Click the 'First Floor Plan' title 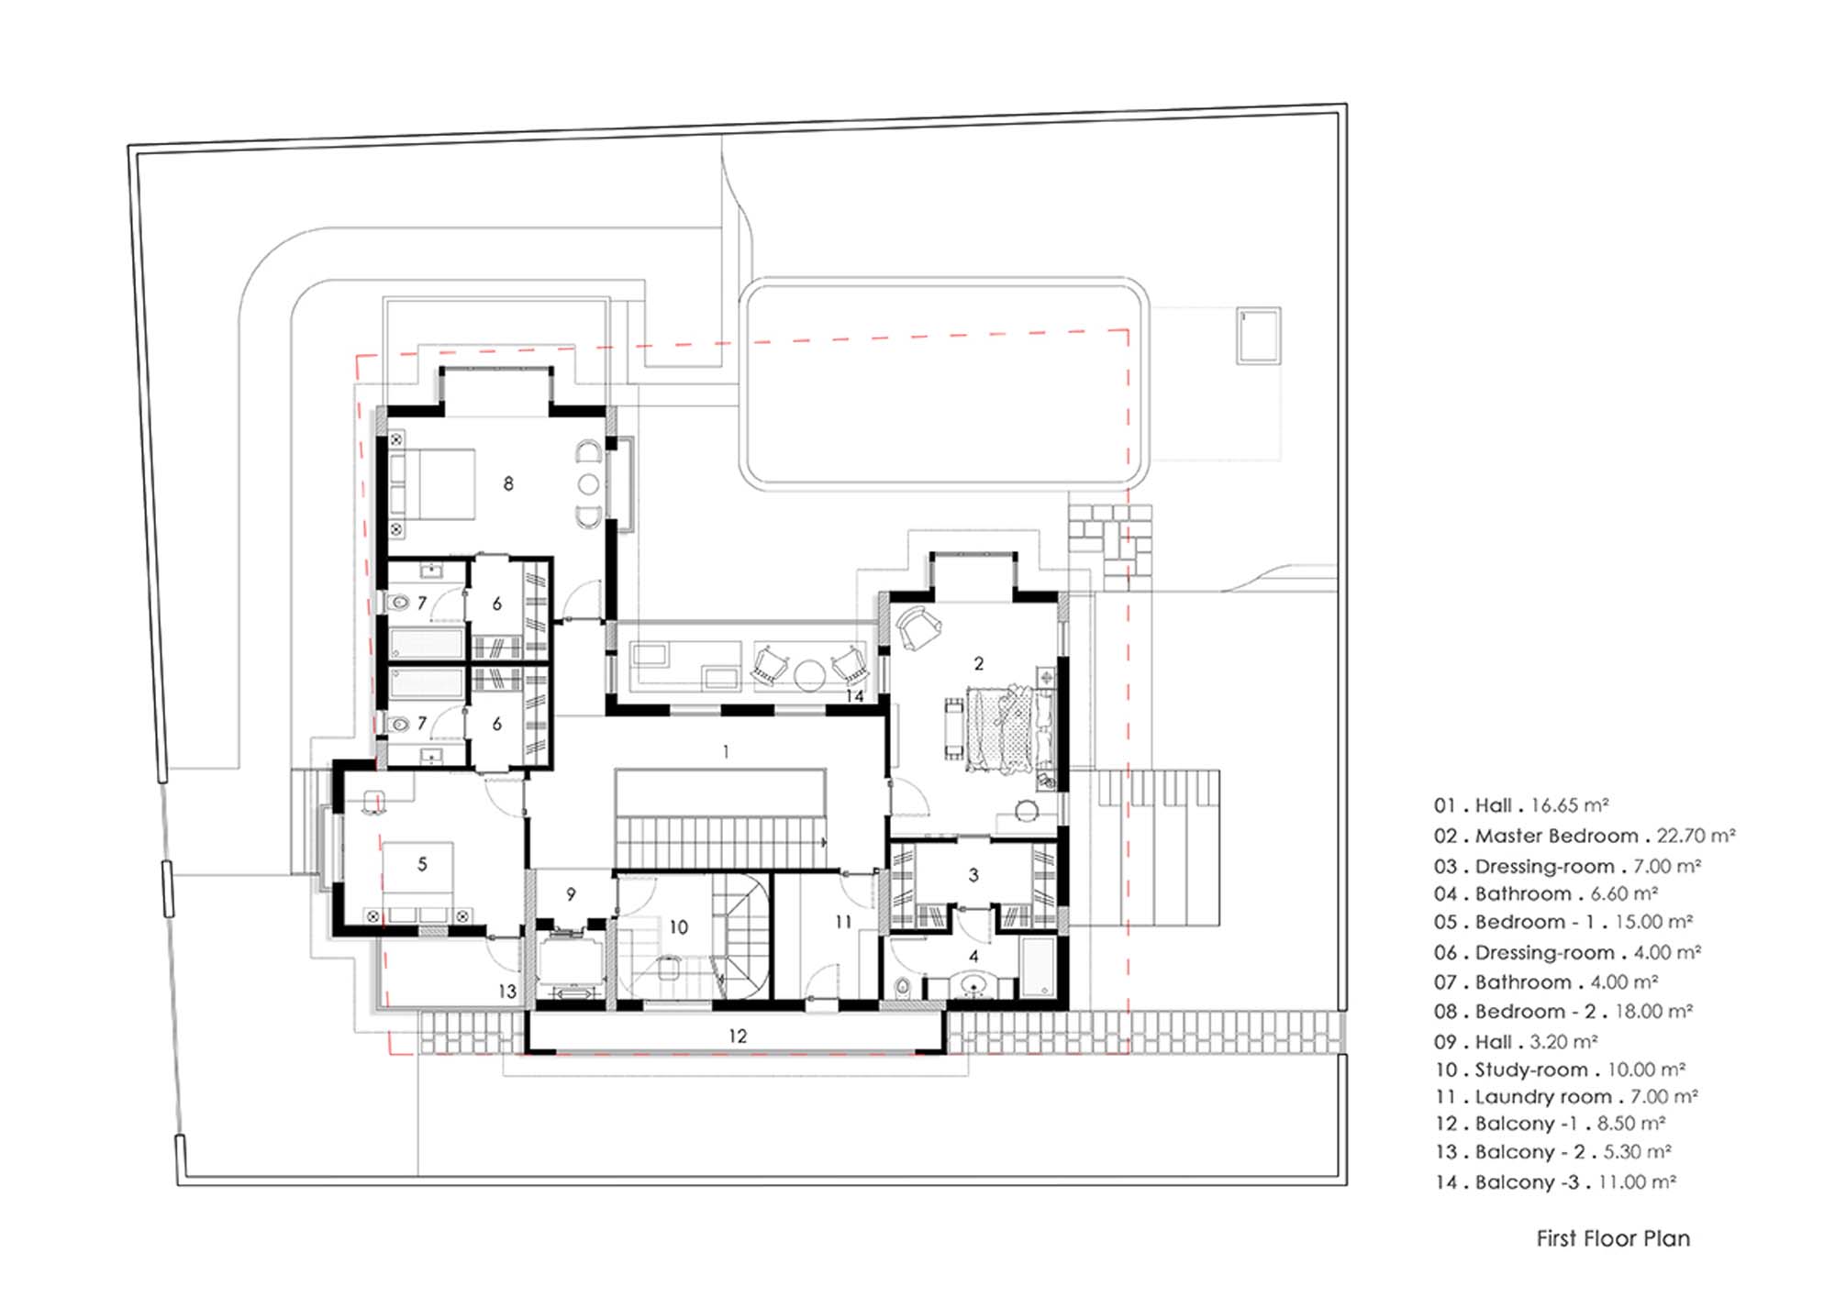[x=1613, y=1238]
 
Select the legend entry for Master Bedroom [x=1585, y=836]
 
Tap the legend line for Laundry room [x=1566, y=1096]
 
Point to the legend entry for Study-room [x=1560, y=1070]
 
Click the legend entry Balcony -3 [x=1555, y=1182]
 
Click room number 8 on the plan [x=508, y=483]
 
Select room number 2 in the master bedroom [x=979, y=663]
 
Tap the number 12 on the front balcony [x=738, y=1036]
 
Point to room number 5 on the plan [x=422, y=863]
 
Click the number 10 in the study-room [x=678, y=927]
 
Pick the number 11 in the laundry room [x=843, y=922]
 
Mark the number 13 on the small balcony [x=507, y=991]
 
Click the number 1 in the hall [x=726, y=752]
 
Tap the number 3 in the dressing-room [x=973, y=875]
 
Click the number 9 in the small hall [x=571, y=893]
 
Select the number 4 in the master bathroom [x=973, y=956]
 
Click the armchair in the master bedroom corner [x=917, y=627]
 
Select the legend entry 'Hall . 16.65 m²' [x=1521, y=805]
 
